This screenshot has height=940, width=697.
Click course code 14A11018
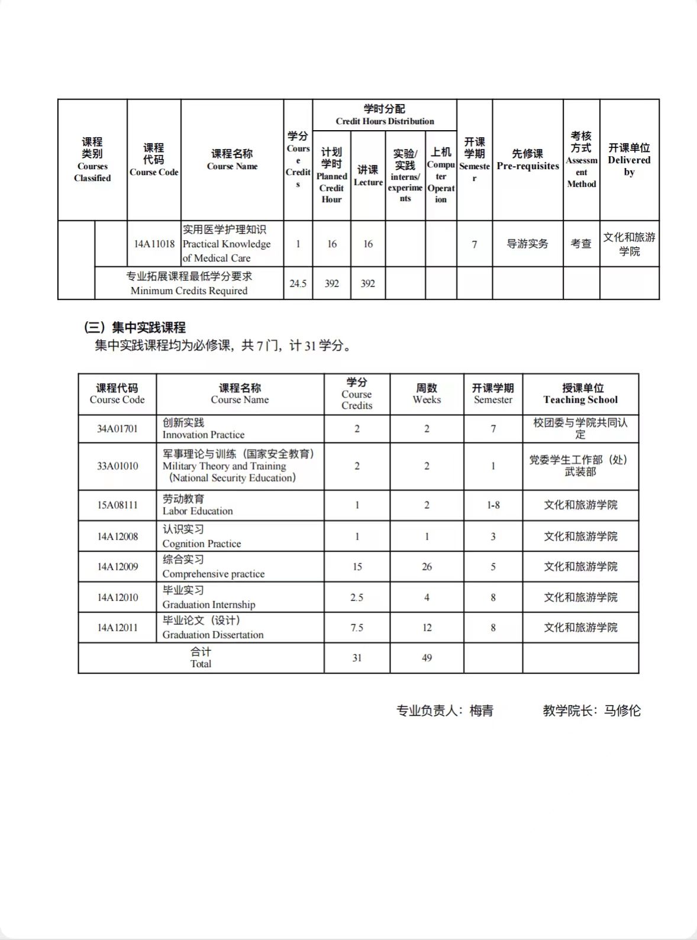tap(154, 244)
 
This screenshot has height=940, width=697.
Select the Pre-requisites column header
tap(527, 160)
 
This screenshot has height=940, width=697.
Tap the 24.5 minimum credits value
tap(298, 283)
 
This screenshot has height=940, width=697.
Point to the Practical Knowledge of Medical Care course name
tap(227, 244)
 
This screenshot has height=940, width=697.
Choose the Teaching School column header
tap(580, 394)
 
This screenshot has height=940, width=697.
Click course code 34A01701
tap(117, 429)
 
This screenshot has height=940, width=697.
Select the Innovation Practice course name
tap(203, 429)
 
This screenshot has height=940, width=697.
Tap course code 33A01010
tap(117, 466)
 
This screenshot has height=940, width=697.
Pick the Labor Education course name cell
tap(198, 505)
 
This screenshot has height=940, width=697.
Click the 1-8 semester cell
tap(493, 505)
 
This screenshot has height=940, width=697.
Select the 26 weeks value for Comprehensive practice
tap(427, 567)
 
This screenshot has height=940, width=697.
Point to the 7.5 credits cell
tap(357, 628)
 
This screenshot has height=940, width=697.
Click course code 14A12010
tap(117, 597)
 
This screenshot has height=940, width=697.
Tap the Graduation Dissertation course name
tap(213, 628)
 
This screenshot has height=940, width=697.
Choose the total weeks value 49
tap(427, 658)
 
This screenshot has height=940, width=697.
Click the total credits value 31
tap(357, 658)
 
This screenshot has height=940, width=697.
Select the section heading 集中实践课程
tap(148, 327)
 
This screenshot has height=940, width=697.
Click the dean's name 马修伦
tap(622, 710)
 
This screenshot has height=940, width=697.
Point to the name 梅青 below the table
tap(482, 710)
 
